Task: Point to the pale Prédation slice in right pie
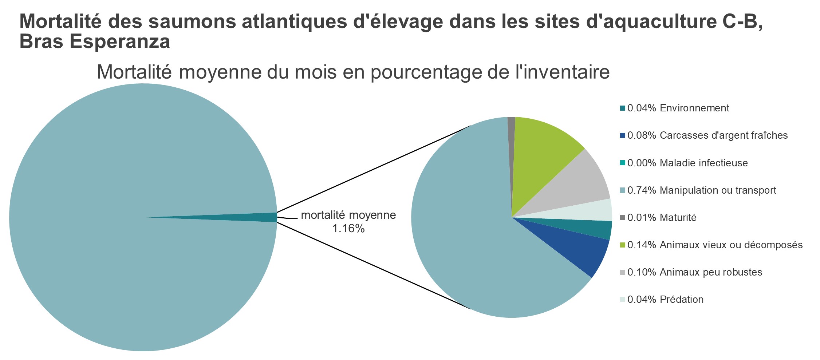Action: pyautogui.click(x=590, y=211)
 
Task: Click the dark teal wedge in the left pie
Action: pyautogui.click(x=255, y=217)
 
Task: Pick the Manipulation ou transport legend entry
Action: pyautogui.click(x=701, y=190)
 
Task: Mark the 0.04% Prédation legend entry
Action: pyautogui.click(x=665, y=300)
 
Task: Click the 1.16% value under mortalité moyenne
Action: pyautogui.click(x=348, y=229)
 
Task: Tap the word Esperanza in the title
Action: pyautogui.click(x=120, y=42)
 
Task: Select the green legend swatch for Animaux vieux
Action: pyautogui.click(x=623, y=245)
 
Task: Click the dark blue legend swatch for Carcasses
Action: pyautogui.click(x=623, y=135)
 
